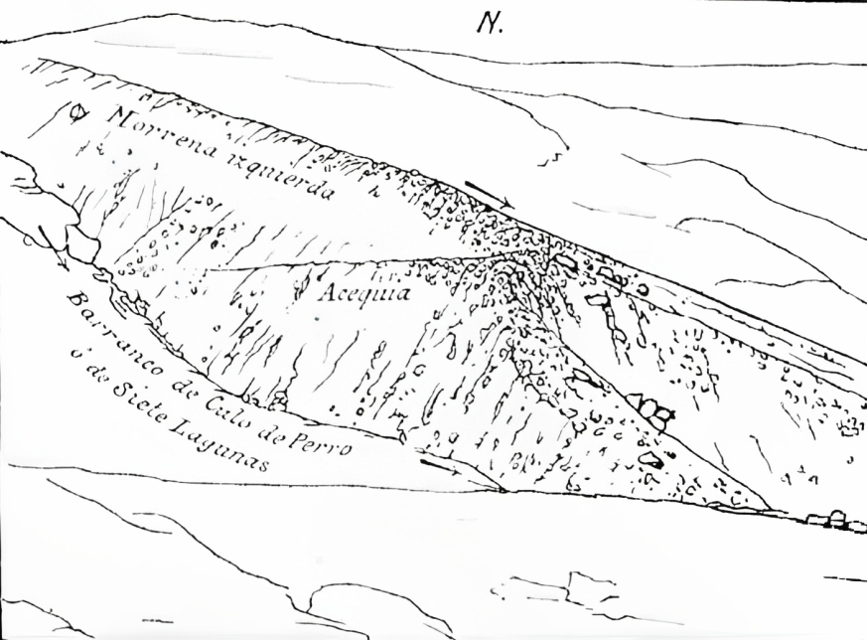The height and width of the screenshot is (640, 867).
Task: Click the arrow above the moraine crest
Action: click(x=489, y=195)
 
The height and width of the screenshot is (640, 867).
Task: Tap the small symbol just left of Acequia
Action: click(x=301, y=291)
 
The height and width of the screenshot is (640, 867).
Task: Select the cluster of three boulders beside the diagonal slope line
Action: click(x=650, y=408)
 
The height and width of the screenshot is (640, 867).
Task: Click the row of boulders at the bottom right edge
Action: click(x=826, y=519)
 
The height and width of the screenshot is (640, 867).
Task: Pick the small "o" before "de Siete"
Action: click(x=73, y=353)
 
